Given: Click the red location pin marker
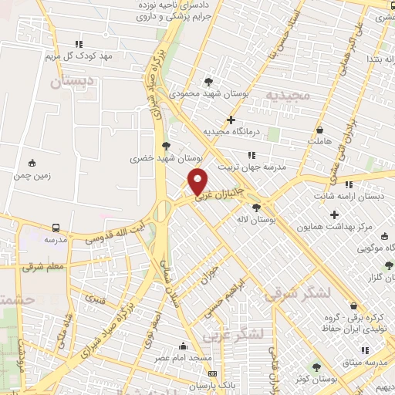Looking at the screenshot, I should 198,181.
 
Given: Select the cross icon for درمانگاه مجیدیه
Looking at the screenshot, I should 231,120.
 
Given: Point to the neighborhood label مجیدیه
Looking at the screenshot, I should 288,96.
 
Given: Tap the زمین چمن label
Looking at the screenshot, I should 32,175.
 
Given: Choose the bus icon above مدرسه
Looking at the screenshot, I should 56,228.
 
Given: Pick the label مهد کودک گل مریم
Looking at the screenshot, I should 79,56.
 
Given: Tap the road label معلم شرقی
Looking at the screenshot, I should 25,267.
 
